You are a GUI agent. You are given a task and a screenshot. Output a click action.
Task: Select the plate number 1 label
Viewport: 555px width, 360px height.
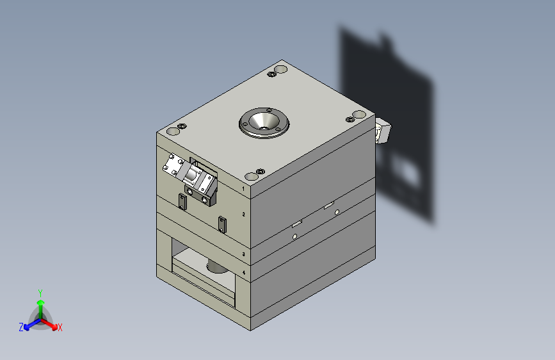pyautogui.click(x=243, y=189)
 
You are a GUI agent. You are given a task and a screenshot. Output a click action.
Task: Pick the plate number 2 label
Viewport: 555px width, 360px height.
pyautogui.click(x=243, y=215)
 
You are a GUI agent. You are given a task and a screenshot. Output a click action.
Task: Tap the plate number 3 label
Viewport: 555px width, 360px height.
pyautogui.click(x=243, y=254)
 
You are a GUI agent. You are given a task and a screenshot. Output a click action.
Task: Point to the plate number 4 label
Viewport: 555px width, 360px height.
pyautogui.click(x=243, y=273)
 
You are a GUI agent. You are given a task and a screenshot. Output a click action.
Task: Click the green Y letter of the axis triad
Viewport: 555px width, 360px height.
pyautogui.click(x=40, y=292)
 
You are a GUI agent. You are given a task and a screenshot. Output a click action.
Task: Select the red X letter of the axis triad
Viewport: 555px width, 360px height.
pyautogui.click(x=60, y=327)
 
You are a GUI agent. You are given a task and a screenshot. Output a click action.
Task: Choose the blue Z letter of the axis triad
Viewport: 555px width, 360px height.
pyautogui.click(x=21, y=327)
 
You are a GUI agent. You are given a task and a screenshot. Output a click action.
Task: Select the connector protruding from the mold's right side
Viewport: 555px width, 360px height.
pyautogui.click(x=383, y=132)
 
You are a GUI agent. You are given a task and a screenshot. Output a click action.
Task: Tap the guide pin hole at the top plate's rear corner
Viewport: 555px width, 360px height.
pyautogui.click(x=280, y=70)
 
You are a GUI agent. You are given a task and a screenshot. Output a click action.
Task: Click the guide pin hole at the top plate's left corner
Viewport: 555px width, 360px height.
pyautogui.click(x=172, y=132)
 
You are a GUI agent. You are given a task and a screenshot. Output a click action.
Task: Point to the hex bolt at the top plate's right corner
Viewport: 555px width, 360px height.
pyautogui.click(x=350, y=120)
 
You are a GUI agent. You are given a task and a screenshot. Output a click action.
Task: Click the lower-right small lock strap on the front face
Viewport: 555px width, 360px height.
pyautogui.click(x=223, y=225)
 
